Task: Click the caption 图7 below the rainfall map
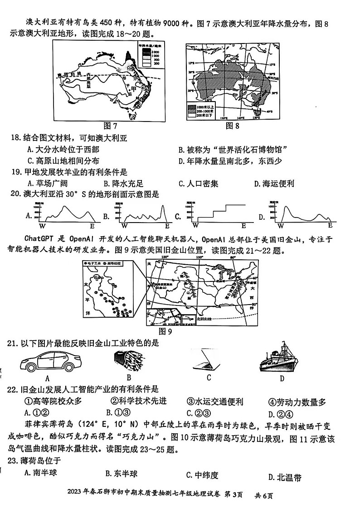click(110, 126)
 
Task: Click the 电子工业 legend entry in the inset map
click(93, 263)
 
